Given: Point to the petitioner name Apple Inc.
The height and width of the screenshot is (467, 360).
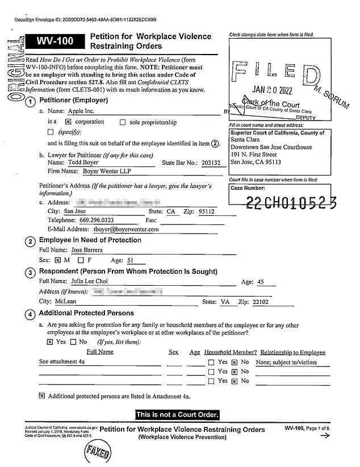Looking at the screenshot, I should coord(81,112).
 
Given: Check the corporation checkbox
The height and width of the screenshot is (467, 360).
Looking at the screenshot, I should coord(68,122).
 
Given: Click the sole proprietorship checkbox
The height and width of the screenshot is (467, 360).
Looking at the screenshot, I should coord(123,122).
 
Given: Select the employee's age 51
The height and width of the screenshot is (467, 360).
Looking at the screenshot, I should coord(130,260).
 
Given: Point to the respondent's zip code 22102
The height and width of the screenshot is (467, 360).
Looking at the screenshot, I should coord(262,302).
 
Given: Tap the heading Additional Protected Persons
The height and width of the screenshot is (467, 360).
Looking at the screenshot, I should coord(86,313).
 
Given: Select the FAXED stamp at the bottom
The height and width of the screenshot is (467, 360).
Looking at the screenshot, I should coord(98,453).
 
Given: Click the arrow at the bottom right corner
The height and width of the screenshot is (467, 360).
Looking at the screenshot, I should coord(325,436).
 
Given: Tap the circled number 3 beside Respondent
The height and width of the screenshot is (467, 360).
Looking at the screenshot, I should coord(31,272).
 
